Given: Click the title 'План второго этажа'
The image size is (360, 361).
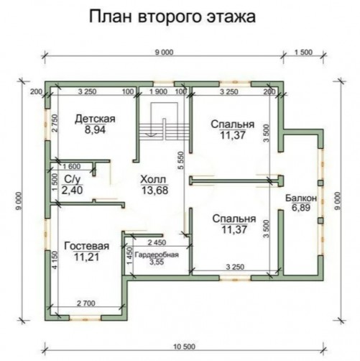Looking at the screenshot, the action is point(172,17).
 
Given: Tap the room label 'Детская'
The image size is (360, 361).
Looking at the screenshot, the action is point(95,119).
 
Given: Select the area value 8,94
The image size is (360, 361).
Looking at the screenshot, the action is point(95,129).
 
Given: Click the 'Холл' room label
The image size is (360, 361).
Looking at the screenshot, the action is point(153,179).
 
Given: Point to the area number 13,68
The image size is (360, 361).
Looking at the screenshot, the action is point(155,191).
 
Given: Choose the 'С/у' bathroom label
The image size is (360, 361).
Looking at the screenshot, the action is point(72,179).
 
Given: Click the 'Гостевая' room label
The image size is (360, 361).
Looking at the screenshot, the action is point(87,246).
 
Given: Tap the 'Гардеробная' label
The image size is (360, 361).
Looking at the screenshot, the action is point(157,255).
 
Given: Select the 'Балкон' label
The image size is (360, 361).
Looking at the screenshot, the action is point(301,198).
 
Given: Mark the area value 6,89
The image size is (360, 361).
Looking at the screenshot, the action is point(301,208).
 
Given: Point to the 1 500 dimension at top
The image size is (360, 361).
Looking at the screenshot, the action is point(303,52).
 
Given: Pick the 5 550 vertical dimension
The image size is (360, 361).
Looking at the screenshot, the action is point(181,160).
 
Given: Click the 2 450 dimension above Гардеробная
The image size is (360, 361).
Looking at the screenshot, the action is point(157,242).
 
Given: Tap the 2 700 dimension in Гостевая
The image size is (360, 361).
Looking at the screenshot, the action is point(86,303).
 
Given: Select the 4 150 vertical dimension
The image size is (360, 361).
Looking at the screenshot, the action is point(55,260).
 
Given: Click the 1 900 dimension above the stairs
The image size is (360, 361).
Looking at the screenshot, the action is point(158,91).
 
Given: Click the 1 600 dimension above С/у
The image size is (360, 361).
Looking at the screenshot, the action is point(72,166).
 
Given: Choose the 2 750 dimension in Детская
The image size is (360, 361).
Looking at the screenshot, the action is point(55,123).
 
